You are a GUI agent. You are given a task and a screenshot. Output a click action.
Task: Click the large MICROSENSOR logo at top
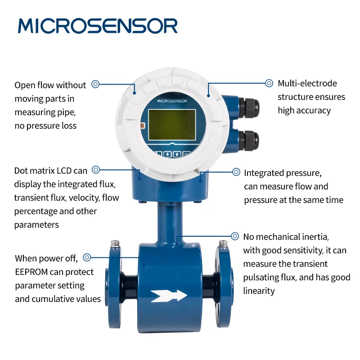pyautogui.click(x=98, y=26)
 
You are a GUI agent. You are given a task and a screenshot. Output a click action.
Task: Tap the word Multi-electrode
pyautogui.click(x=307, y=83)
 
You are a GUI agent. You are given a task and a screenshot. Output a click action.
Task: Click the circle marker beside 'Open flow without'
pyautogui.click(x=95, y=84)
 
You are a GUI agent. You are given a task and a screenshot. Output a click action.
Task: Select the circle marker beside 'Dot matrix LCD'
pyautogui.click(x=96, y=170)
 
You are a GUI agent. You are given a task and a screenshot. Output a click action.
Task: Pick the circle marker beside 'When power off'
pyautogui.click(x=87, y=257)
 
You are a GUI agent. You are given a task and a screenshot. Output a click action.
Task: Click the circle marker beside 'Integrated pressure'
pyautogui.click(x=236, y=172)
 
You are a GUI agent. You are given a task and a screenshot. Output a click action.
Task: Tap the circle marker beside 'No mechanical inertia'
pyautogui.click(x=235, y=236)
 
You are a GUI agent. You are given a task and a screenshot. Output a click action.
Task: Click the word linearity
pyautogui.click(x=259, y=291)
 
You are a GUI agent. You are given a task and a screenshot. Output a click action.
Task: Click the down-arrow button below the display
pyautogui.click(x=167, y=154)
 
